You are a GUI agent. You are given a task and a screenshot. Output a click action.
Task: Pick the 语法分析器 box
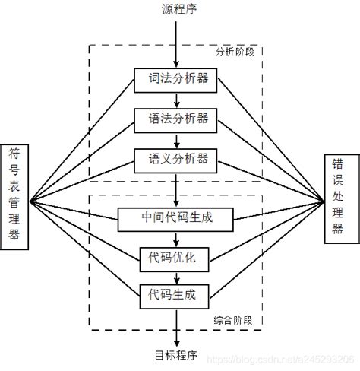point(176,119)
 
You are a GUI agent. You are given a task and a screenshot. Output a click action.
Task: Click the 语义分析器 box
point(176,159)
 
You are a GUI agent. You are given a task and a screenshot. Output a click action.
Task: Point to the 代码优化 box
point(176,257)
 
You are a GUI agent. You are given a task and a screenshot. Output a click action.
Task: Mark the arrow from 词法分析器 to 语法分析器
point(177,98)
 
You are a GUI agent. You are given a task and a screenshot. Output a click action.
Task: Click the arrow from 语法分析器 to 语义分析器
point(177,139)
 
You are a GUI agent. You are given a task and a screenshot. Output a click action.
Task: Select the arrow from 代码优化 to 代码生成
point(177,275)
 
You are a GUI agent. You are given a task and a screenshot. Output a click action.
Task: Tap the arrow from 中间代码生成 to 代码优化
point(177,238)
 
